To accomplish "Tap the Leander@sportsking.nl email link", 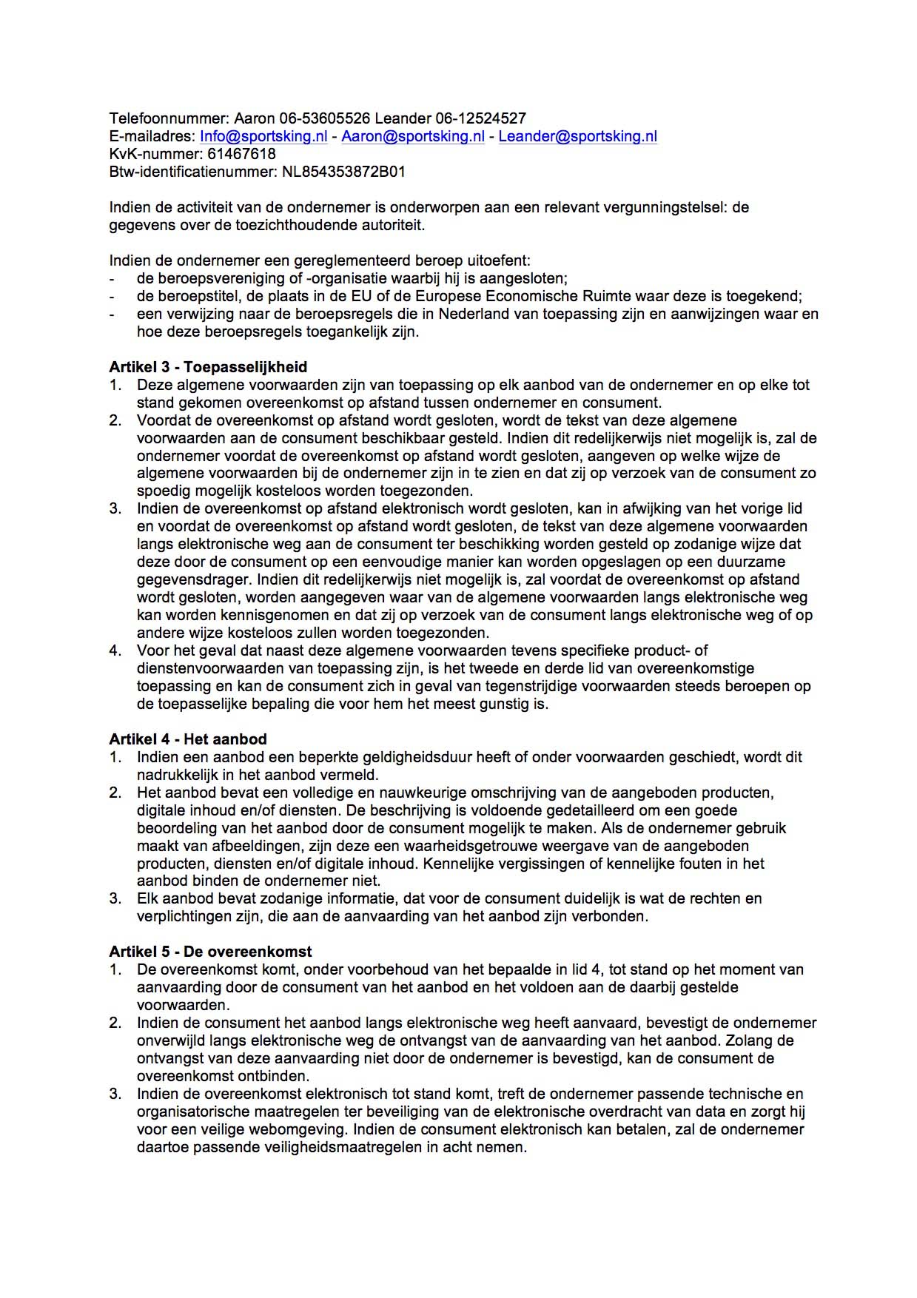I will pyautogui.click(x=577, y=136).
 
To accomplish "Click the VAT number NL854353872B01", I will pyautogui.click(x=344, y=172).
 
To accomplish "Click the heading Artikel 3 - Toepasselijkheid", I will pyautogui.click(x=208, y=367).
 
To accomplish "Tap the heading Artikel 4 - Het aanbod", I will pyautogui.click(x=188, y=739).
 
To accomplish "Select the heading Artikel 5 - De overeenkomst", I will pyautogui.click(x=210, y=952).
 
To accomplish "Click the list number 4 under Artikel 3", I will pyautogui.click(x=115, y=650).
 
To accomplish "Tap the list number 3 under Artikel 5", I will pyautogui.click(x=115, y=1094).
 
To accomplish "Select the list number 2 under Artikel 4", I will pyautogui.click(x=115, y=793).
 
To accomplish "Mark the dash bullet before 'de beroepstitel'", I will pyautogui.click(x=112, y=297).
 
